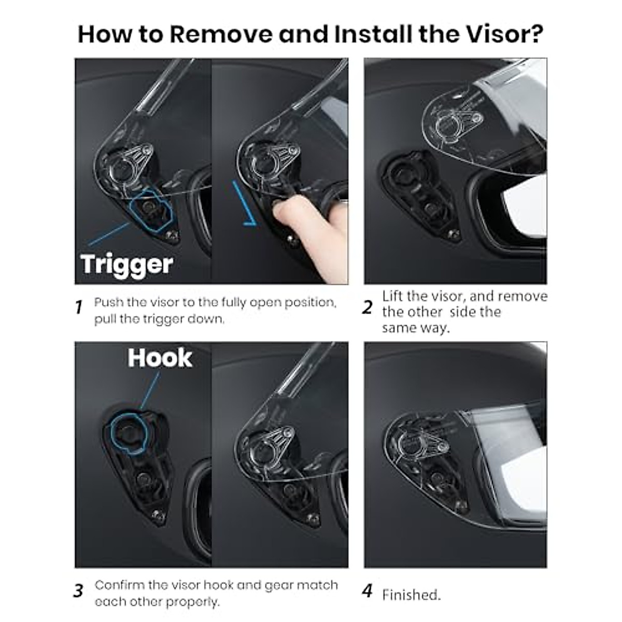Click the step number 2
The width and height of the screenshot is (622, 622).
[367, 307]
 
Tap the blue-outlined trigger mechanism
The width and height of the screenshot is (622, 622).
[151, 210]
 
